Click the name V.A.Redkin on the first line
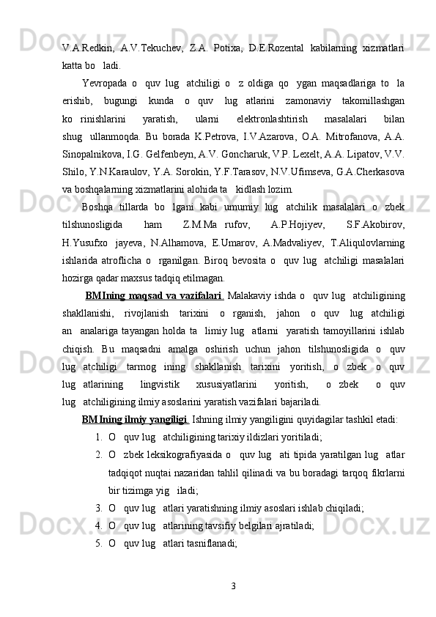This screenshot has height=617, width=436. tap(86, 48)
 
